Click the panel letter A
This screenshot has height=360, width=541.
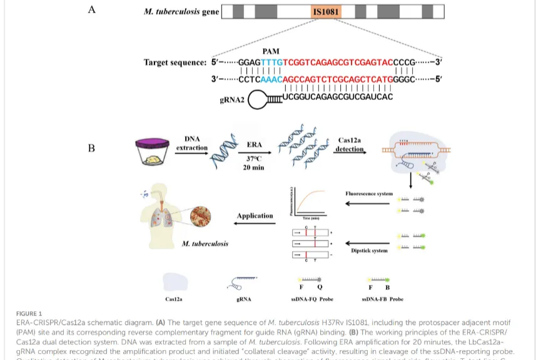tap(91, 9)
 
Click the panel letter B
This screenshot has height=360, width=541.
tap(91, 149)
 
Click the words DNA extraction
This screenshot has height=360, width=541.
tap(192, 143)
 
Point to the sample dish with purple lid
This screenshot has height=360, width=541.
tap(153, 152)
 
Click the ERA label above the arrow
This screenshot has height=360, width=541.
tap(254, 144)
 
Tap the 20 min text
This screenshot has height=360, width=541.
tap(255, 168)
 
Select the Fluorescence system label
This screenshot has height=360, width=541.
tap(369, 194)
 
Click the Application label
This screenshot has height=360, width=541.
tap(255, 216)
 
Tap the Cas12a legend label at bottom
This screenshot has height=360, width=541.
tap(174, 299)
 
